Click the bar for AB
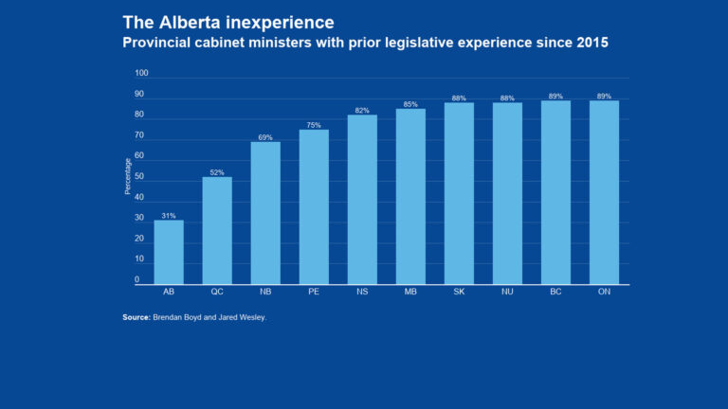[169, 252]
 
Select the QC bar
[217, 230]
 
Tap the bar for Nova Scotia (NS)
[362, 199]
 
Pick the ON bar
[604, 192]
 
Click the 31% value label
[169, 216]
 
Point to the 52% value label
[217, 172]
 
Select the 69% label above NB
[265, 137]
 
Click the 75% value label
[314, 125]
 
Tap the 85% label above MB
[410, 104]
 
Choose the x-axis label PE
[314, 292]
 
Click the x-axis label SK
[459, 292]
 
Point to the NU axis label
[507, 292]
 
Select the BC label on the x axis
[555, 292]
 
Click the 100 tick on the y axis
[141, 74]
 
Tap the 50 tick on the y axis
[139, 177]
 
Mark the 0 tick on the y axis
[136, 280]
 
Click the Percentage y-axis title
[128, 177]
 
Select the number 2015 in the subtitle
[588, 43]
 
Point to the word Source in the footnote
[136, 317]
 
